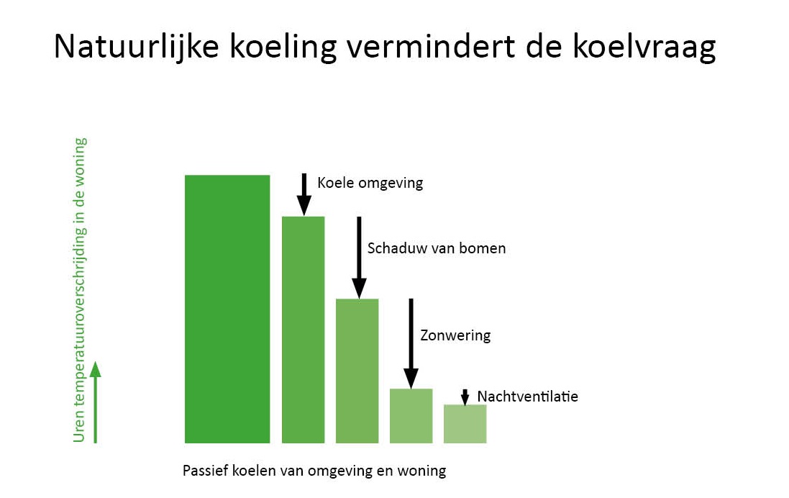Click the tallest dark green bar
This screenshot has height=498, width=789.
227,309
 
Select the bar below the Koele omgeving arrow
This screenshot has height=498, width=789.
303,330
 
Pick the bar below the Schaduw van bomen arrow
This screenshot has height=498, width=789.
357,371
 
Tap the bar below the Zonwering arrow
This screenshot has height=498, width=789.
411,416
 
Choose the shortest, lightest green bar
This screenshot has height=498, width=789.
465,424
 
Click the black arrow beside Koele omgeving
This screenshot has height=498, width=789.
304,195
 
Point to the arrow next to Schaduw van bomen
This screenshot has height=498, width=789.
359,258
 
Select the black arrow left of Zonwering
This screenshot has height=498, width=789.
411,343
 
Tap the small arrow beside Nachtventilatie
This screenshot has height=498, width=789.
465,397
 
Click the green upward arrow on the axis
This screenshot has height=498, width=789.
95,402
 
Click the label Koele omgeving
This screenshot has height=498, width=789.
370,183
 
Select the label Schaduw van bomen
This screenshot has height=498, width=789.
437,248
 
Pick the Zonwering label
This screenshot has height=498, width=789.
455,335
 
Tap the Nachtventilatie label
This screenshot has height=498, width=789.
527,397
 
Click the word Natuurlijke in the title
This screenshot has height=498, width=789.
137,47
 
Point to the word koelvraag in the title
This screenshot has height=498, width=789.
644,47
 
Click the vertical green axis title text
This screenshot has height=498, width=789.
80,290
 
